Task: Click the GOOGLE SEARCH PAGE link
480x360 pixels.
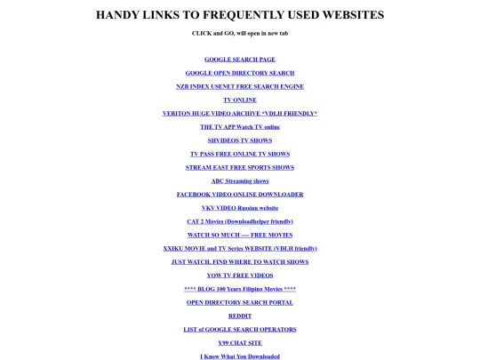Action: tap(240, 60)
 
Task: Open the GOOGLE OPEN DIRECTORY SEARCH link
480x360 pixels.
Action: tap(240, 73)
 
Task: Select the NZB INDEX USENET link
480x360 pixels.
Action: tap(240, 86)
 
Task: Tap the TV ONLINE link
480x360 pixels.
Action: tap(240, 100)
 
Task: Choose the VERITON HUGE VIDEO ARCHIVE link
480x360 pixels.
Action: tap(240, 114)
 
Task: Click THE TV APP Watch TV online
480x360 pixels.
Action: tap(240, 127)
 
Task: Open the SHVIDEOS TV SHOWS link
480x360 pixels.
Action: tap(240, 140)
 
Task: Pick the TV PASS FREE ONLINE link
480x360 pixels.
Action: tap(240, 154)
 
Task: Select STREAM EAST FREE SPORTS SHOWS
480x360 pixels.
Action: tap(240, 167)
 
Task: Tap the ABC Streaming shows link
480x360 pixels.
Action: tap(240, 181)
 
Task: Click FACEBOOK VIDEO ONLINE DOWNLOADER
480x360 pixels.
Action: tap(240, 195)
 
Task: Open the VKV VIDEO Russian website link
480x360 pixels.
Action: tap(240, 208)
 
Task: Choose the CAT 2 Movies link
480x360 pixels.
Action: tap(240, 221)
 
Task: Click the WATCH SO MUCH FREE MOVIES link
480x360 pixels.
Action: tap(240, 236)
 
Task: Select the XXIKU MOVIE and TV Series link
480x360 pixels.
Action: tap(240, 249)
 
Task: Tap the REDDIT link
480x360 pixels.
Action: tap(240, 316)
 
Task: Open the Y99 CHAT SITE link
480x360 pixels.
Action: tap(240, 343)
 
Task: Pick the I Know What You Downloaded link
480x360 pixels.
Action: tap(240, 356)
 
